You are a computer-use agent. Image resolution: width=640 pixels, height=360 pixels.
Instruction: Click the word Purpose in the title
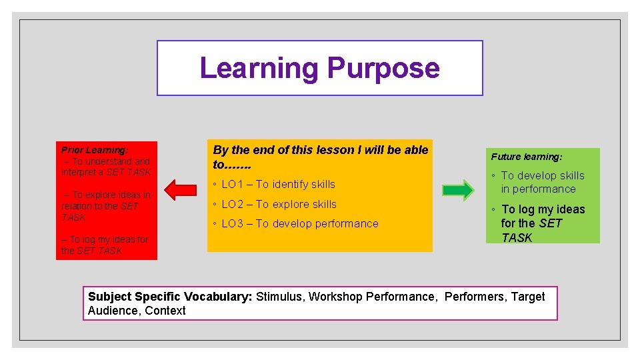(383, 69)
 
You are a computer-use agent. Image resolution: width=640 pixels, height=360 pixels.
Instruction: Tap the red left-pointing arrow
(180, 190)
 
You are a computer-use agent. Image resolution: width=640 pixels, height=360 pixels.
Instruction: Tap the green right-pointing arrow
(458, 191)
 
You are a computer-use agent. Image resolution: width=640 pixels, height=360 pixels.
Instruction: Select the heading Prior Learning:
(95, 150)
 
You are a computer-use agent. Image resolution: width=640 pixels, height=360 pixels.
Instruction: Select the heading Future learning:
(527, 157)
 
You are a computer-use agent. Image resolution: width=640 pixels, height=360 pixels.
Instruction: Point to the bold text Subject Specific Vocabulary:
(170, 297)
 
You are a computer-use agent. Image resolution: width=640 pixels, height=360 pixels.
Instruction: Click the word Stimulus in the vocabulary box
(279, 297)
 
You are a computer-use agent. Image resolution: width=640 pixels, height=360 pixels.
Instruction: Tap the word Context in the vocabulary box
(165, 311)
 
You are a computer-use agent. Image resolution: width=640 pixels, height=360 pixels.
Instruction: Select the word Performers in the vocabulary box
(475, 297)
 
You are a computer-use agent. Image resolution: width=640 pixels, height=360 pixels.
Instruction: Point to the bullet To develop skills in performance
(542, 182)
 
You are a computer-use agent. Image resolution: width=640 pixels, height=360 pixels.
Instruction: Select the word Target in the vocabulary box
(528, 297)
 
